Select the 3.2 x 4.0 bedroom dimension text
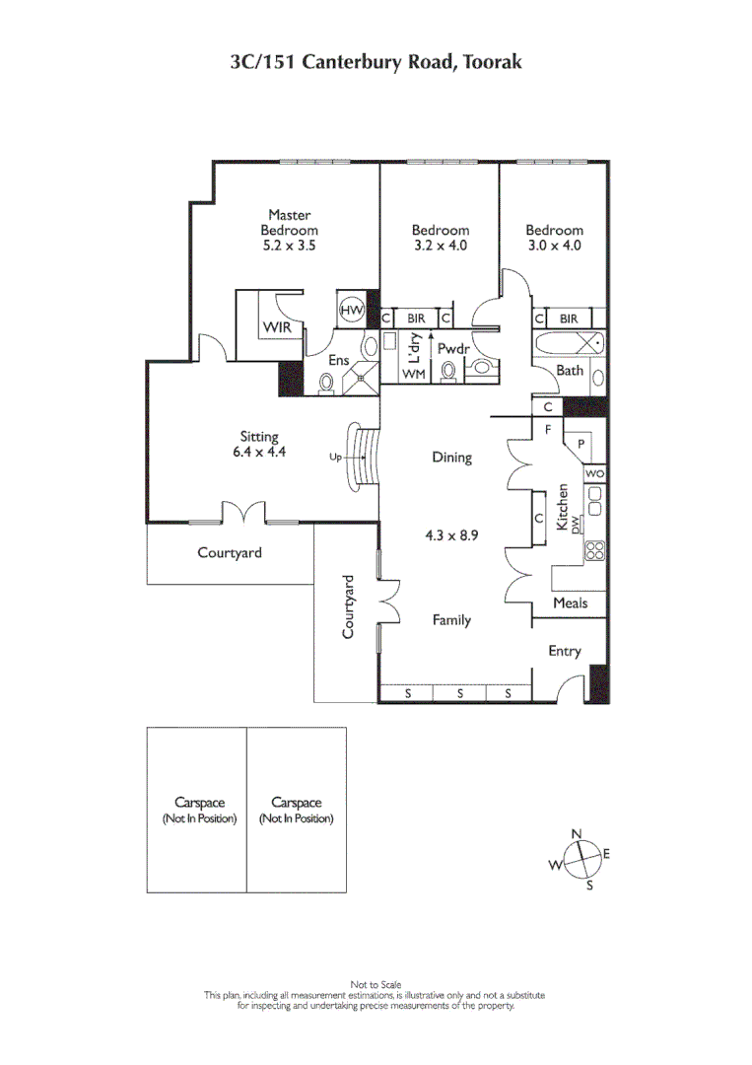coord(440,246)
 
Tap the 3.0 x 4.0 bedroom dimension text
coord(554,246)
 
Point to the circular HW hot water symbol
coord(351,311)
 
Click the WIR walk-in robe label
coord(275,327)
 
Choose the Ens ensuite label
coord(338,361)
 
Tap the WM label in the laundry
coord(414,375)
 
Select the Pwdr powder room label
coord(454,348)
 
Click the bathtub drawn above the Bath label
coord(570,343)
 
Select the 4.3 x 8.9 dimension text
coord(450,536)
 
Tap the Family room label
coord(451,620)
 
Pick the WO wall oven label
coord(593,474)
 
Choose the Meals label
coord(570,603)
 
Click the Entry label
coord(565,651)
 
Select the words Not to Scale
coord(375,984)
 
